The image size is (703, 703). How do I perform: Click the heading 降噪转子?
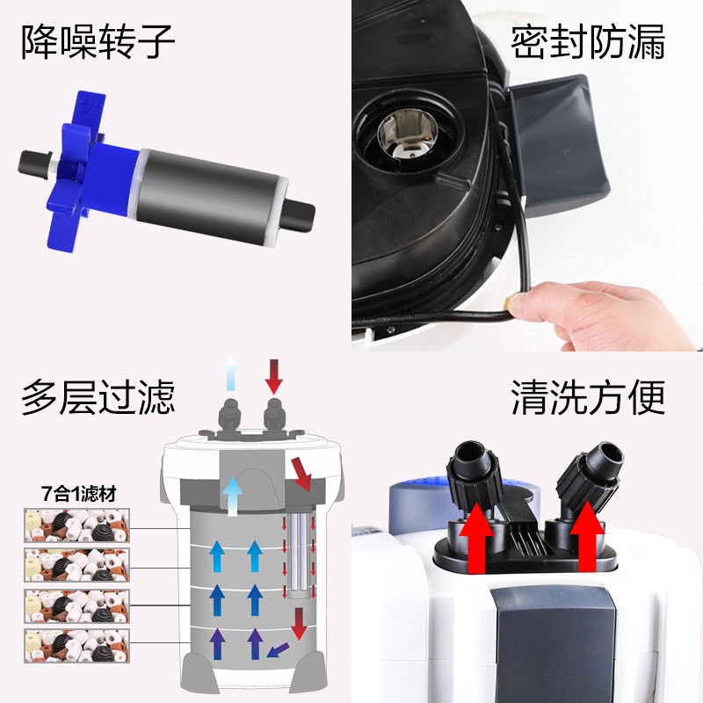point(98,42)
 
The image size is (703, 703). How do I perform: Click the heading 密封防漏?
point(588,42)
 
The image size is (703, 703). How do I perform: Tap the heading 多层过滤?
point(98,396)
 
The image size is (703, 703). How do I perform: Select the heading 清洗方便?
point(588,396)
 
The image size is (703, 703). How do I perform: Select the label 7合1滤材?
point(76,493)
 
